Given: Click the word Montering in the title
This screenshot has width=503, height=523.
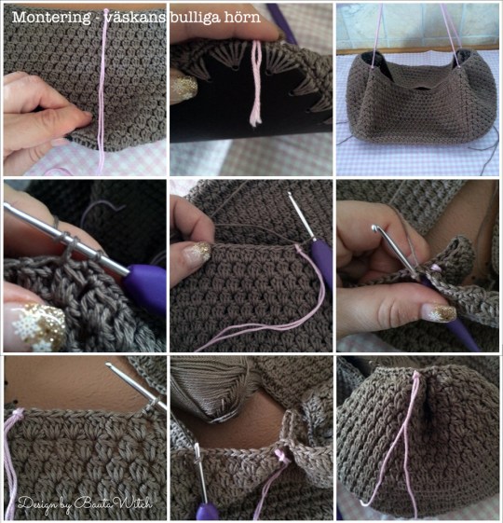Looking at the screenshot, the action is click(x=51, y=18).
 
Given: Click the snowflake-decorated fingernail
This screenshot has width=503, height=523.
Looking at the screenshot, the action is click(x=37, y=326).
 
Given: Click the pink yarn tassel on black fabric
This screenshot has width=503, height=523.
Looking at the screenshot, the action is click(x=256, y=83).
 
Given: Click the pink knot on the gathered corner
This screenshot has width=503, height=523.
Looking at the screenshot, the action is click(x=415, y=376).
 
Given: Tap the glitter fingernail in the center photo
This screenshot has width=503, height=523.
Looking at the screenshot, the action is click(x=198, y=253).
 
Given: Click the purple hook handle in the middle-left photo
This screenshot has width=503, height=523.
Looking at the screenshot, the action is click(x=145, y=286).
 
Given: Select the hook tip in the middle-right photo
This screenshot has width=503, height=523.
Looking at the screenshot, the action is click(x=375, y=229).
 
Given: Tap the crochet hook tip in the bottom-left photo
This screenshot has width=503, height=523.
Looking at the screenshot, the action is click(x=109, y=365).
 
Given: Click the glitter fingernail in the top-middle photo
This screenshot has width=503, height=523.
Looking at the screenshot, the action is click(x=184, y=88).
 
